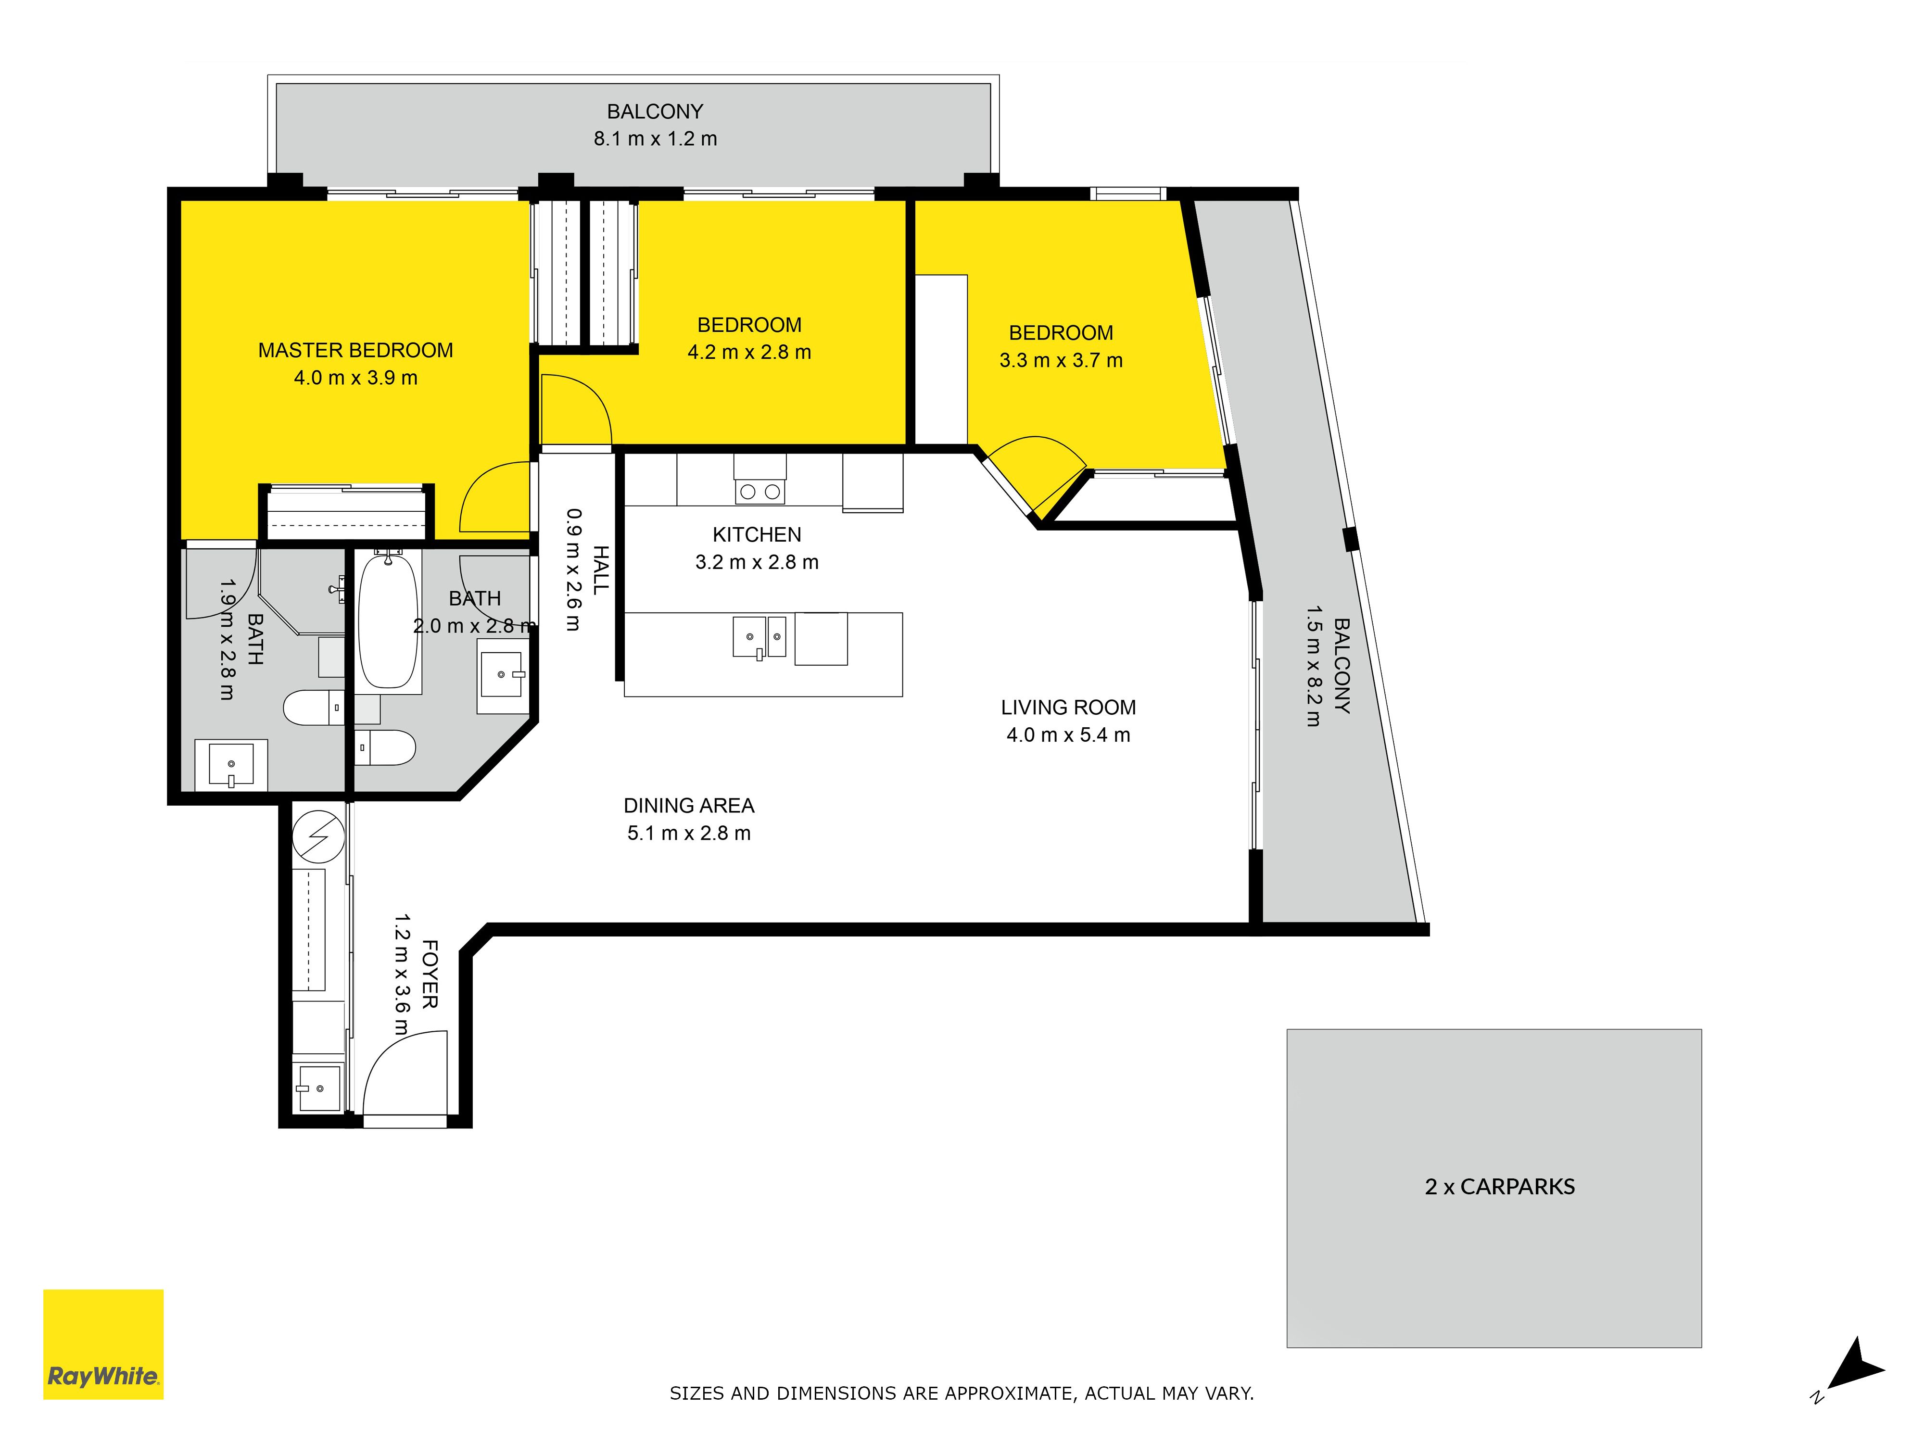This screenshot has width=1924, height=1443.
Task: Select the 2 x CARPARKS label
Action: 1500,1187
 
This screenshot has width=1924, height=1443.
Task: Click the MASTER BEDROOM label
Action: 356,351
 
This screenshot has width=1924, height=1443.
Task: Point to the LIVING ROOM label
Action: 1068,708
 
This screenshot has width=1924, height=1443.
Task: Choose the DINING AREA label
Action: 689,806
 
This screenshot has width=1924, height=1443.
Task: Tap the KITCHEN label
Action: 757,535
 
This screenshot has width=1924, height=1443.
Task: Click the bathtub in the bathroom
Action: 388,621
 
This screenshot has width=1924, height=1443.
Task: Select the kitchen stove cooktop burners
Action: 759,492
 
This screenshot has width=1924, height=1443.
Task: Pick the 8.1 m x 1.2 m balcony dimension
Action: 655,139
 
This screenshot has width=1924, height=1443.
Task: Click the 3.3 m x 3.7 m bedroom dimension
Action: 1061,361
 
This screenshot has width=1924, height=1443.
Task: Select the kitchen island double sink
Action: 759,637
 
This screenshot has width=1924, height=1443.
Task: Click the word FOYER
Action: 430,974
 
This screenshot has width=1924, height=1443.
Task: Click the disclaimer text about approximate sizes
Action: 961,1393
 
